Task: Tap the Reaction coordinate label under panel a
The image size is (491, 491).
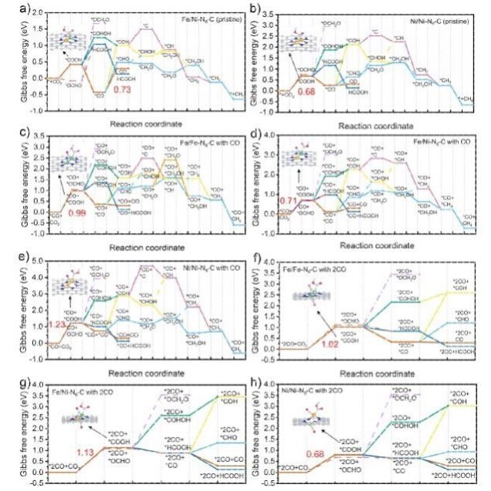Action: (146, 122)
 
